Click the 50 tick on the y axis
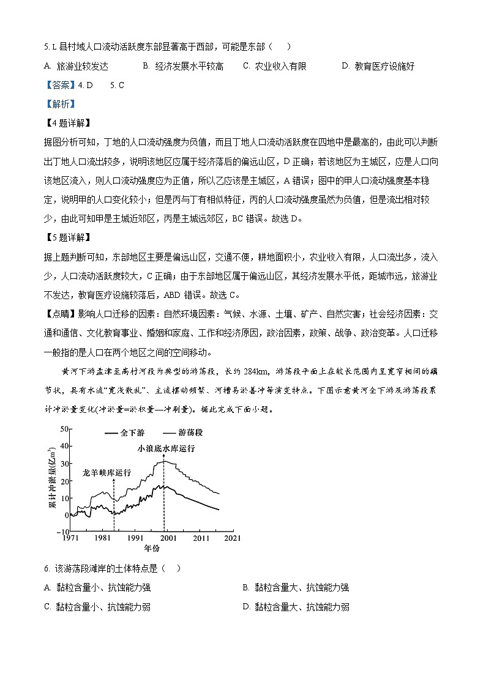click(64, 428)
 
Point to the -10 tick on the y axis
click(62, 532)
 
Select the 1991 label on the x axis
click(135, 539)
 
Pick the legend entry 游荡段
click(190, 433)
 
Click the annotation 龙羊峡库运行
click(107, 472)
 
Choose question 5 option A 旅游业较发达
click(76, 66)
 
